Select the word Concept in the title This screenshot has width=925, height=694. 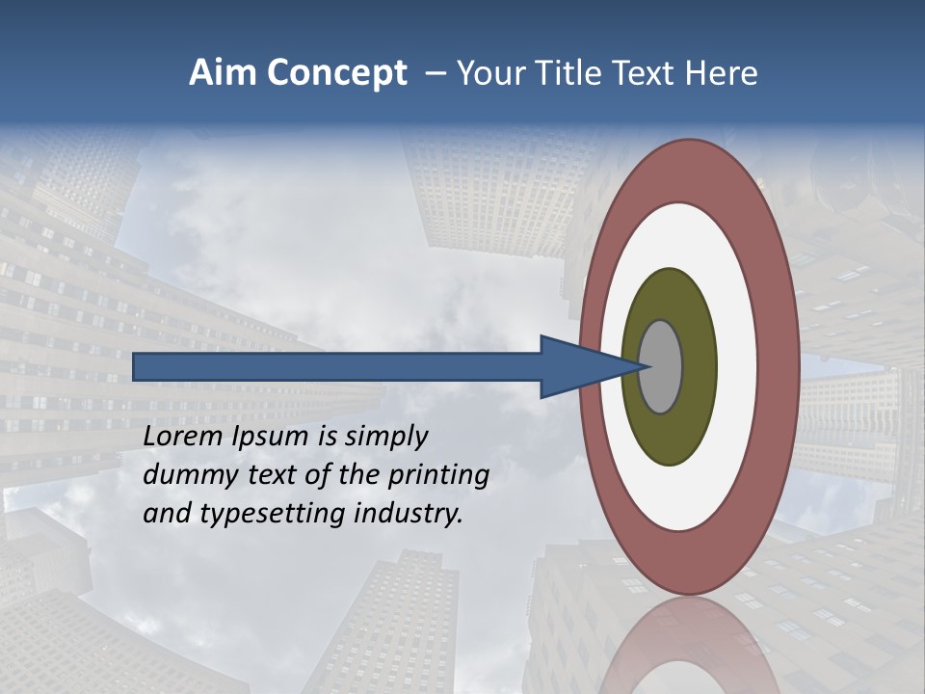click(x=336, y=73)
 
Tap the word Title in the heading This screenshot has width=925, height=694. click(x=585, y=73)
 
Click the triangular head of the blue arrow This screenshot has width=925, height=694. click(x=578, y=366)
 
